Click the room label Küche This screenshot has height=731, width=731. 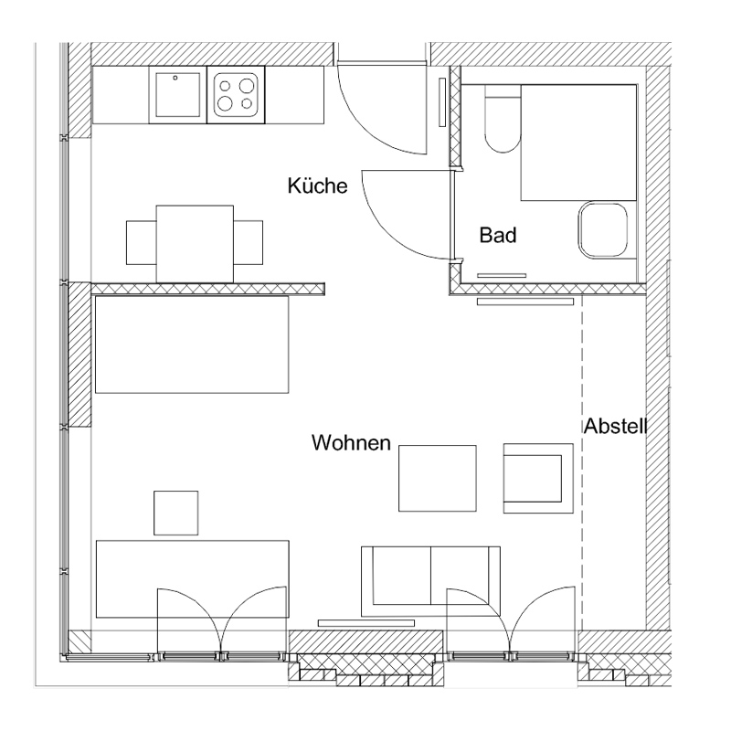(x=317, y=185)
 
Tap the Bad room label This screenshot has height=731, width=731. (x=498, y=235)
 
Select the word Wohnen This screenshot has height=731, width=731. (x=351, y=442)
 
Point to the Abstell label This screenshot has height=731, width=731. (x=615, y=426)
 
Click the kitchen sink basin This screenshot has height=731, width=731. (x=177, y=95)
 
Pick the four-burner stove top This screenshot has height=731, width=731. (x=236, y=95)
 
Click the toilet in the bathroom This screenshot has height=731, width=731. (x=503, y=119)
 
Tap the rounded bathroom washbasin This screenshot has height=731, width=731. (x=603, y=229)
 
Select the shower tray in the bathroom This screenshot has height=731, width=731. (x=578, y=143)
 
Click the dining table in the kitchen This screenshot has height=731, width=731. (x=195, y=243)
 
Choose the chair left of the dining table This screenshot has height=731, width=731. (x=142, y=242)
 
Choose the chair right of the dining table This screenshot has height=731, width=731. (x=248, y=242)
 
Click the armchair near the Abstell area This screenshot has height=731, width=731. (x=538, y=478)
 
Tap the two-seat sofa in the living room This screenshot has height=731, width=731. (x=430, y=581)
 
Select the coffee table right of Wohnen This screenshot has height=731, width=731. (x=438, y=478)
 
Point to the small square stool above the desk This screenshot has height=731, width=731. (x=175, y=513)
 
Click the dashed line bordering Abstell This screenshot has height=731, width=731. (x=582, y=462)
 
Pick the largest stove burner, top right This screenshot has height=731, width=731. (x=246, y=86)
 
